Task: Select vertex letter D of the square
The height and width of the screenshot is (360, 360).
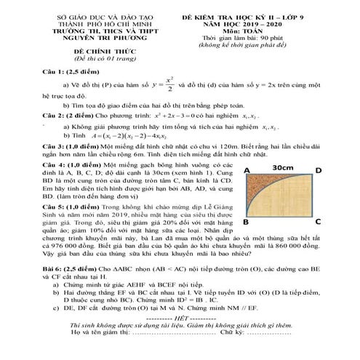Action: tap(318, 169)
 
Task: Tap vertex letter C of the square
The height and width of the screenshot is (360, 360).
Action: tap(318, 221)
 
